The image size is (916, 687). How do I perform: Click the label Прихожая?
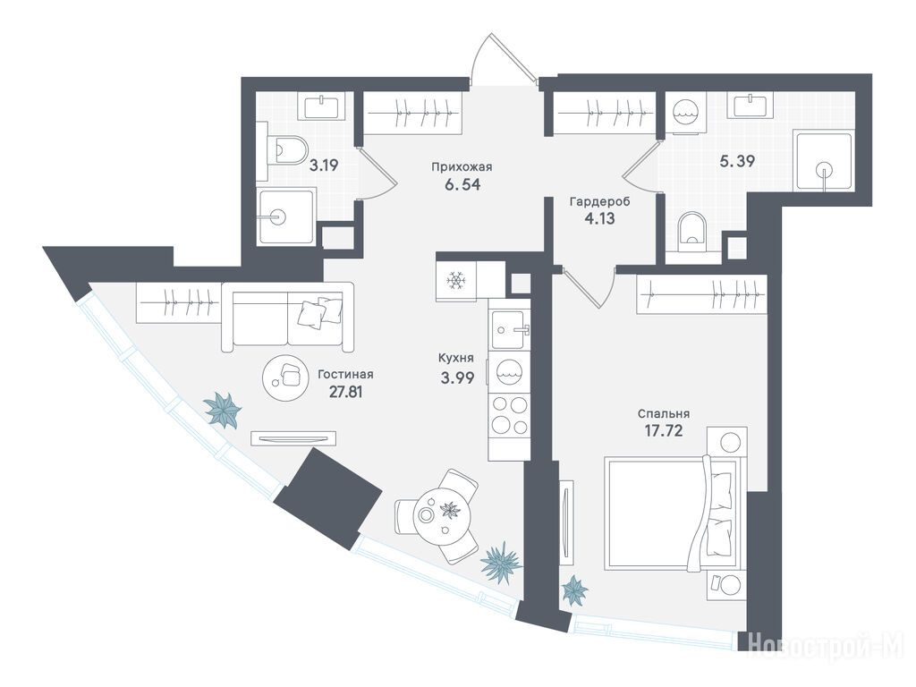462,167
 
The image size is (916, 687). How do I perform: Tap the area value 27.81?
346,392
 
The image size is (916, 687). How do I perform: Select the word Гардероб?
599,202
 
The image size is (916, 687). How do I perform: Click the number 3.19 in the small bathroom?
324,165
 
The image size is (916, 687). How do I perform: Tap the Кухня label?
455,358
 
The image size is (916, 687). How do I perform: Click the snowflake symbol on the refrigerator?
455,281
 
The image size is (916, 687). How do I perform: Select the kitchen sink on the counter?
510,329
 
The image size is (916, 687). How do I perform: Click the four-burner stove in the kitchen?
509,415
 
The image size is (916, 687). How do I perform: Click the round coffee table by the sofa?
284,377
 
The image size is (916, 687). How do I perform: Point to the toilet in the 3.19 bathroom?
287,150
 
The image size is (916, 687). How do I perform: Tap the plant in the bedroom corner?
575,589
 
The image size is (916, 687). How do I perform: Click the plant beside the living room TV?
223,410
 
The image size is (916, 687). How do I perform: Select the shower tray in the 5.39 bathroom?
823,160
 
